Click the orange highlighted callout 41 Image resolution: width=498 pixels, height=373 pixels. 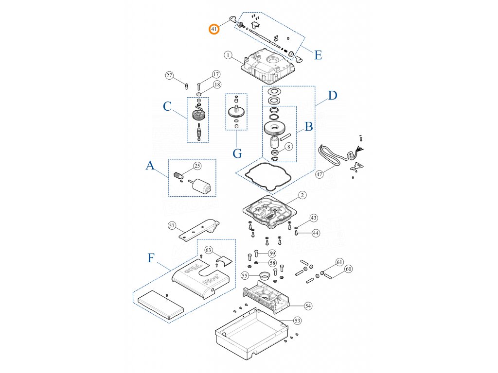[214, 29]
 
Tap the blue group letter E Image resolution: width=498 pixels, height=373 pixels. [318, 55]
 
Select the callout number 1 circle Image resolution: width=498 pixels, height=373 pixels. [228, 55]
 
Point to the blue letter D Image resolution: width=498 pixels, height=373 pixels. [332, 95]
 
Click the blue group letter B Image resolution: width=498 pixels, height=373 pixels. [308, 127]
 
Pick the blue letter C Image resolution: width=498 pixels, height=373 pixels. [167, 106]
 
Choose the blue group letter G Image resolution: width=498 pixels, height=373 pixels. [237, 153]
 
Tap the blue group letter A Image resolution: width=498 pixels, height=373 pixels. [150, 167]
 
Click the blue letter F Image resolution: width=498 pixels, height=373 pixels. [151, 257]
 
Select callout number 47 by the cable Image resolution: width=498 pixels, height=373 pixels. [320, 174]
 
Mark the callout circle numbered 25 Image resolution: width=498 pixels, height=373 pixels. [197, 166]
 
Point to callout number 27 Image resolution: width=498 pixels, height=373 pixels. [169, 75]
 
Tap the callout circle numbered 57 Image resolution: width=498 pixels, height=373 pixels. [172, 225]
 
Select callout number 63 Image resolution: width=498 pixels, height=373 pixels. [209, 250]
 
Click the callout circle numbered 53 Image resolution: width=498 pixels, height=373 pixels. [297, 321]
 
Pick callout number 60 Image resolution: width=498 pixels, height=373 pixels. [348, 269]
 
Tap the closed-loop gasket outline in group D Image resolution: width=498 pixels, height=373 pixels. [268, 176]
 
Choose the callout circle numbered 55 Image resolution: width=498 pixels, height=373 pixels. [245, 275]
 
